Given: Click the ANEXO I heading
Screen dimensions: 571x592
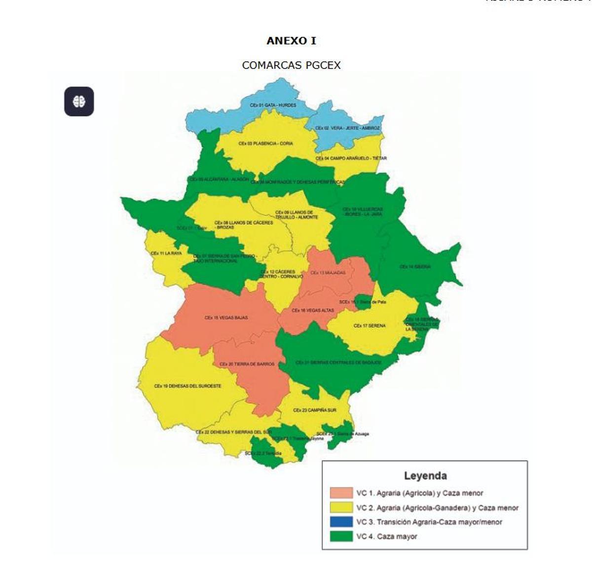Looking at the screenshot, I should click(291, 41).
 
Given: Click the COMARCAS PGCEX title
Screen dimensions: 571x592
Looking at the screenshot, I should click(291, 65).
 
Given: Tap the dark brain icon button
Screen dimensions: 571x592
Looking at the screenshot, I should click(79, 102).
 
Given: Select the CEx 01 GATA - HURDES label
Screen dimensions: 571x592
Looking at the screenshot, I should click(273, 106).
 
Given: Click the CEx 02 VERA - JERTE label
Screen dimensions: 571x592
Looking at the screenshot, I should click(347, 128).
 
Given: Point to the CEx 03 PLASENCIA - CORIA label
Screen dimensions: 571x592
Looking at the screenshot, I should click(265, 143).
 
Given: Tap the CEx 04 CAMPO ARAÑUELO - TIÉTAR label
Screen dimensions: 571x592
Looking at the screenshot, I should click(351, 158).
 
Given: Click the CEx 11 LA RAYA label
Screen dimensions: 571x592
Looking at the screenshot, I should click(166, 253).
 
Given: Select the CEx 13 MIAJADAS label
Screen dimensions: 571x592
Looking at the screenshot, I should click(328, 273).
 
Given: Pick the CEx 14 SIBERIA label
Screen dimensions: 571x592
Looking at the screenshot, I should click(415, 267).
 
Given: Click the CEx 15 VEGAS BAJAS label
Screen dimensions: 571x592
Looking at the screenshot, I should click(226, 318).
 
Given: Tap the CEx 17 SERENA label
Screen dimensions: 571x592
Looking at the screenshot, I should click(370, 326).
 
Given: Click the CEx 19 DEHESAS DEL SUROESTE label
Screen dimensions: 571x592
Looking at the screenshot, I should click(187, 386).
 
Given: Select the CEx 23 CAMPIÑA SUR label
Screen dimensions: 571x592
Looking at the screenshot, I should click(314, 410).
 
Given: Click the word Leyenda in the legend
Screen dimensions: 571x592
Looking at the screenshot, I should click(425, 476).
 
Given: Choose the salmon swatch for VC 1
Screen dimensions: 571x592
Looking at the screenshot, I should click(341, 493).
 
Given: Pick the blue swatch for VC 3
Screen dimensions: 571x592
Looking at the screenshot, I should click(341, 522).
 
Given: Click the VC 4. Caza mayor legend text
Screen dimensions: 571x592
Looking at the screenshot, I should click(387, 536).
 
